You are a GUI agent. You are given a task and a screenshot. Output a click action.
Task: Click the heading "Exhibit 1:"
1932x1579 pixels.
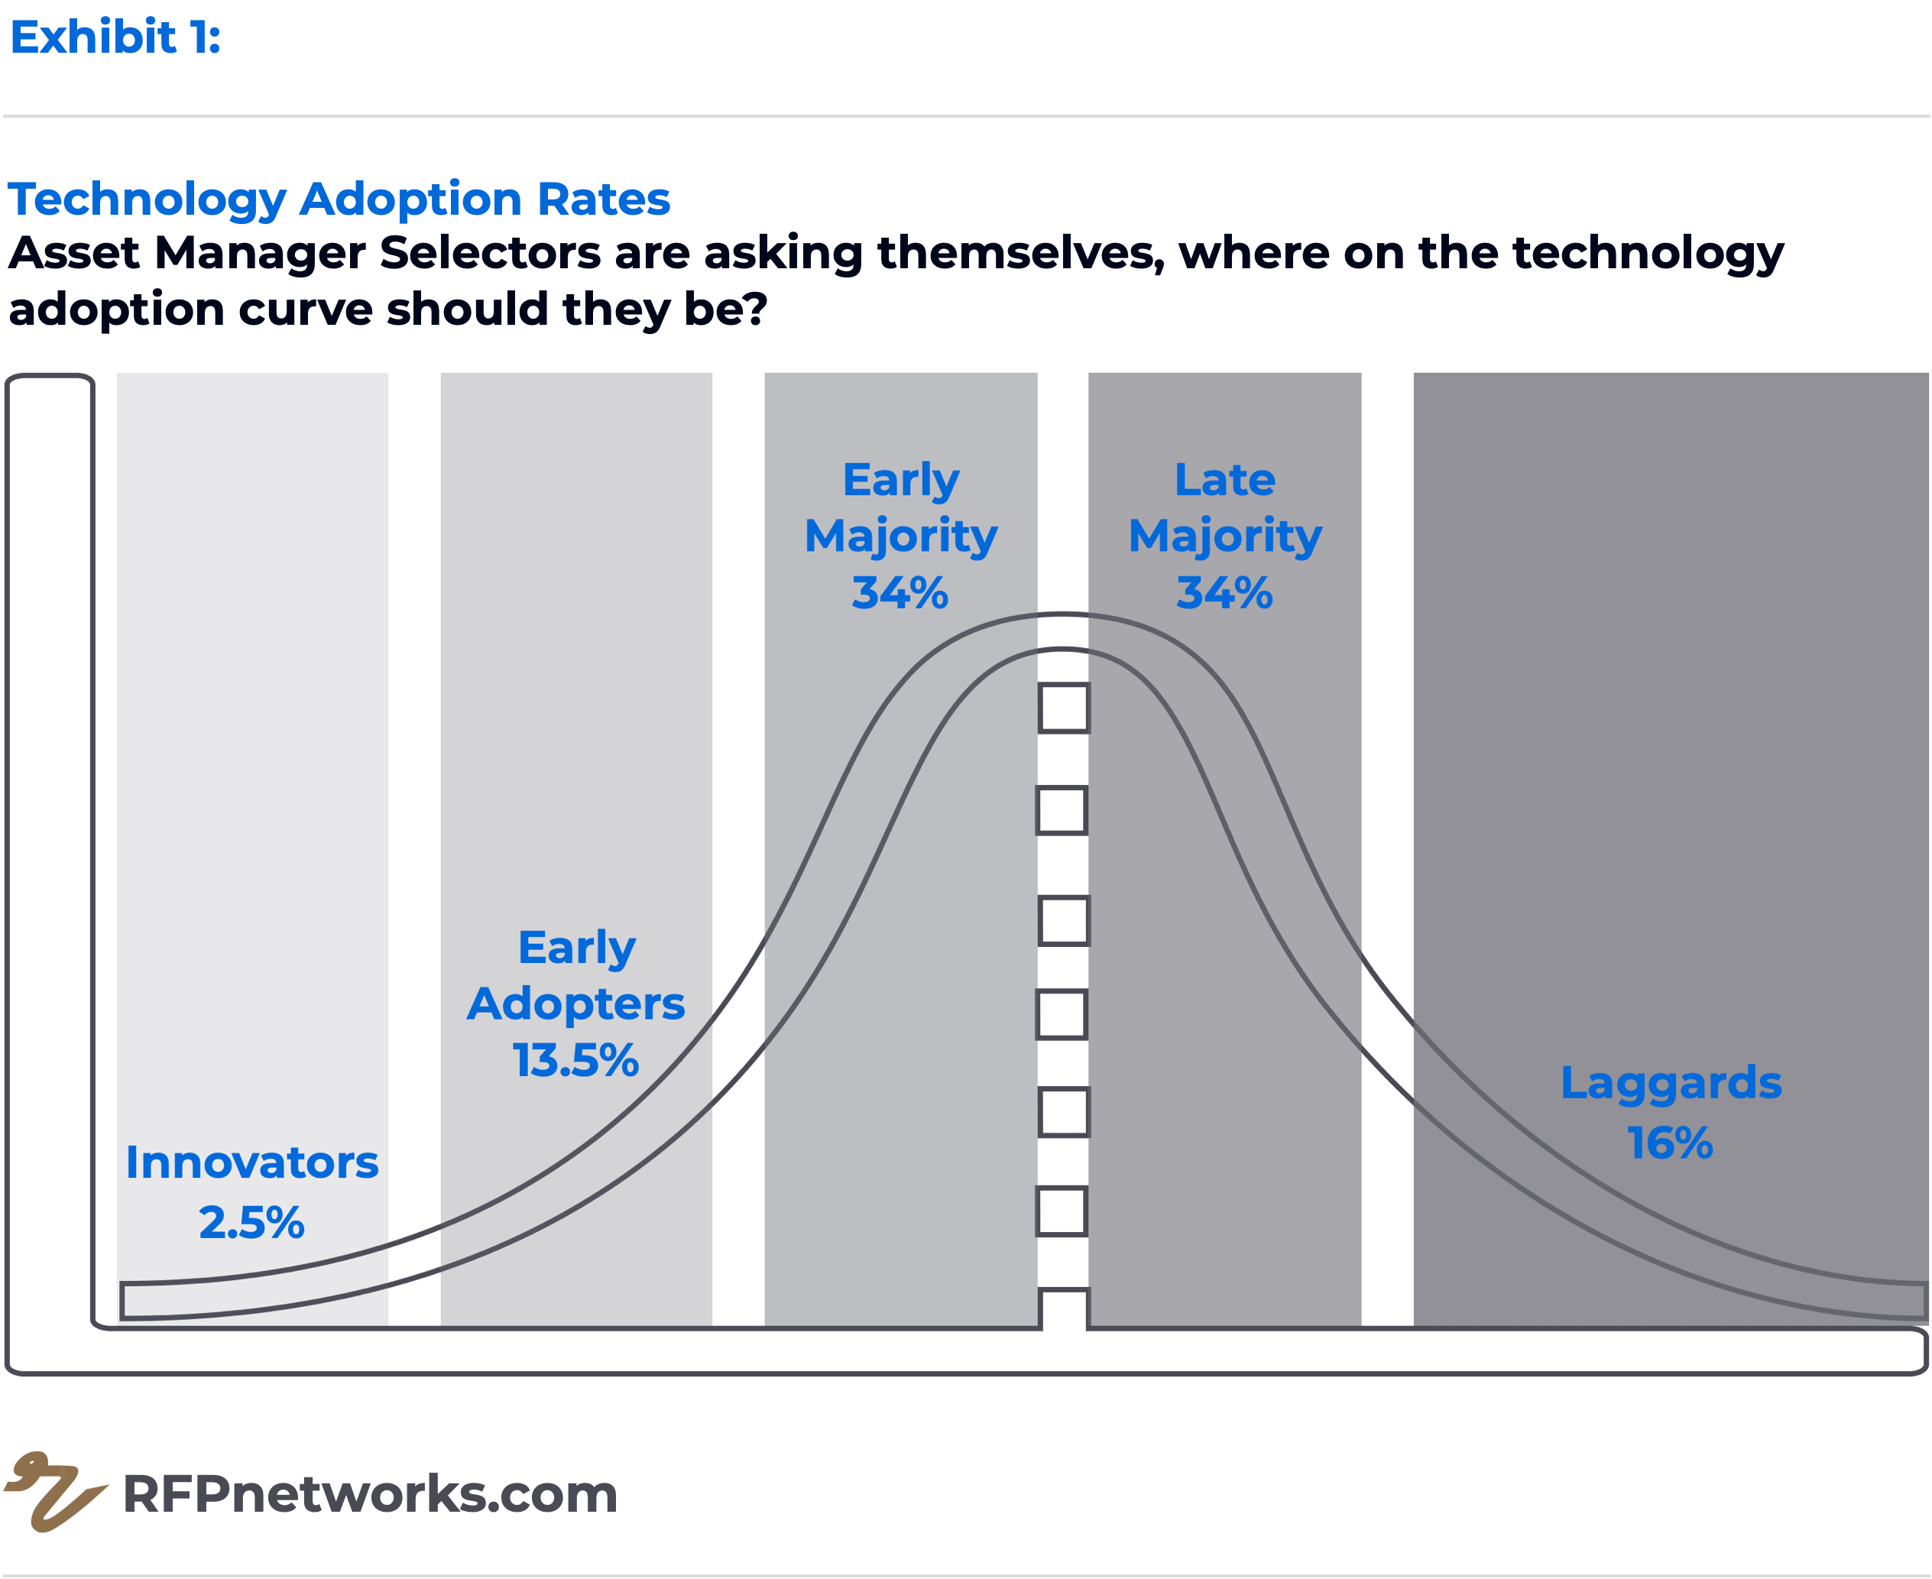click(x=115, y=38)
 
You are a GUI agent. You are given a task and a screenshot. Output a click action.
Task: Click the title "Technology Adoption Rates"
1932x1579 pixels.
click(x=339, y=199)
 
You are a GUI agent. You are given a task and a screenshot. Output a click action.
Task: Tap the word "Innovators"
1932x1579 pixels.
click(x=252, y=1163)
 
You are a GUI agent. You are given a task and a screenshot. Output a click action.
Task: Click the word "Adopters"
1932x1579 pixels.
click(x=575, y=1004)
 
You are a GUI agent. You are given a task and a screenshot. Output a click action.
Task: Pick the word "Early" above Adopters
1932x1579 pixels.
click(x=575, y=948)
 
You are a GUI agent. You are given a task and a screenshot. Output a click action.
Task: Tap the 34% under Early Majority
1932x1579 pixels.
click(x=900, y=593)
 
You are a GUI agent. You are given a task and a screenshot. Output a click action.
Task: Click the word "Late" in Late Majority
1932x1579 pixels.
click(x=1224, y=480)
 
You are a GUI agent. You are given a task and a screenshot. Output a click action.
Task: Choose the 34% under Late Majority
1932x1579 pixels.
click(x=1224, y=593)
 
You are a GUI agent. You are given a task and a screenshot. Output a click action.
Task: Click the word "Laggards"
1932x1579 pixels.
click(x=1671, y=1083)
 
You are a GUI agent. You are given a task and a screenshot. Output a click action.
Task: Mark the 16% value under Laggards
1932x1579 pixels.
click(x=1671, y=1143)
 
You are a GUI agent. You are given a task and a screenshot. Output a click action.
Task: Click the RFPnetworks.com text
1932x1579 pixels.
click(x=370, y=1493)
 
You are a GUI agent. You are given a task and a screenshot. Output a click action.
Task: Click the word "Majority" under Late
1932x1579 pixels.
click(x=1224, y=537)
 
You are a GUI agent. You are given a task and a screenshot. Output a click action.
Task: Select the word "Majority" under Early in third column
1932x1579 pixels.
click(x=900, y=537)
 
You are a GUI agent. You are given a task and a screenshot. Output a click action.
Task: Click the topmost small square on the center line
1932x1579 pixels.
click(x=1062, y=708)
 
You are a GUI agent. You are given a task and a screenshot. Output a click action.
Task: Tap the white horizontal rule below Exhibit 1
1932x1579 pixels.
click(x=966, y=116)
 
